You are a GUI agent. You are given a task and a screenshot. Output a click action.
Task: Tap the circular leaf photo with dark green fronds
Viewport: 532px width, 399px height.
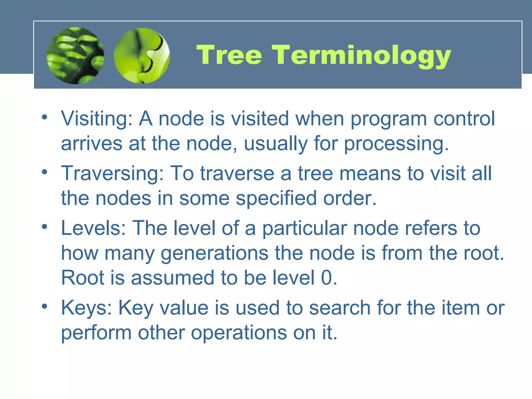pyautogui.click(x=75, y=56)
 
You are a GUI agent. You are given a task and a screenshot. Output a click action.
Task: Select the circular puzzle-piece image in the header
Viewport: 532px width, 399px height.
pyautogui.click(x=142, y=56)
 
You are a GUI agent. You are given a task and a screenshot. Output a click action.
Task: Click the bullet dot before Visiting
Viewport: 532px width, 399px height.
pyautogui.click(x=45, y=117)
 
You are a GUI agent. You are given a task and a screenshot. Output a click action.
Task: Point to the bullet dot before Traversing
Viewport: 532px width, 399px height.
pyautogui.click(x=45, y=172)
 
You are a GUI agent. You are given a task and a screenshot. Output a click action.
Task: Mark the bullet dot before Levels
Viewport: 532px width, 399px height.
pyautogui.click(x=45, y=227)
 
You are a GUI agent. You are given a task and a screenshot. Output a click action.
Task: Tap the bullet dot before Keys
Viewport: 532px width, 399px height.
pyautogui.click(x=45, y=306)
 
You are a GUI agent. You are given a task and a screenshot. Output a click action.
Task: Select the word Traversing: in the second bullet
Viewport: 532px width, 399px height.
pyautogui.click(x=112, y=174)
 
